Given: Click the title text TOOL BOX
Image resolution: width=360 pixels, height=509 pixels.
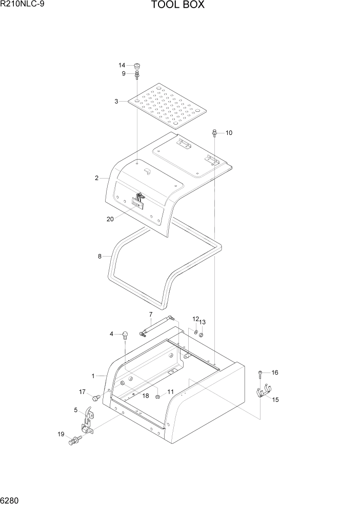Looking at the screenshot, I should [x=178, y=6].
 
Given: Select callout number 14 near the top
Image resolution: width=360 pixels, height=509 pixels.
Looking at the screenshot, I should [x=122, y=65].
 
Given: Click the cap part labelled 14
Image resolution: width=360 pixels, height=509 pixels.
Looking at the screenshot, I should [x=137, y=66].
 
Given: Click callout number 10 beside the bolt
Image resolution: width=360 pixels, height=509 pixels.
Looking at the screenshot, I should [x=229, y=133].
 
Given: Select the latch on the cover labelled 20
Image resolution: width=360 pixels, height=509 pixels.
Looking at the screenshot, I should [x=138, y=201].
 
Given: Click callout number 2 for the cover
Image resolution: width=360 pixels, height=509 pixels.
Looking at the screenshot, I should [x=96, y=178].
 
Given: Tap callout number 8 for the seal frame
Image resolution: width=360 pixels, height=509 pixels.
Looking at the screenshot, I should [x=100, y=256].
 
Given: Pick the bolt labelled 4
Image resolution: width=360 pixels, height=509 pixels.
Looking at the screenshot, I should [x=125, y=336].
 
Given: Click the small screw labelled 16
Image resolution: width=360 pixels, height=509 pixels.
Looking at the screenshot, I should [x=261, y=373].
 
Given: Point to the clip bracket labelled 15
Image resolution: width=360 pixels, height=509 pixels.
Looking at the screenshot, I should [x=263, y=393].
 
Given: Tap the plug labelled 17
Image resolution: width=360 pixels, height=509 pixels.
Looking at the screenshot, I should [x=95, y=398].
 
